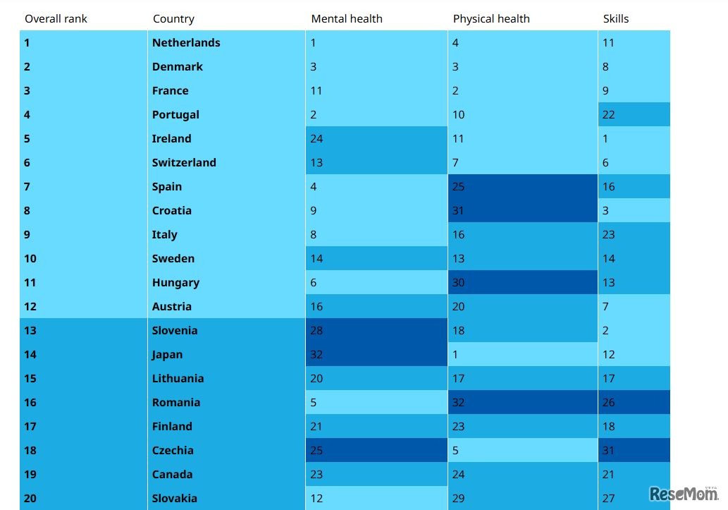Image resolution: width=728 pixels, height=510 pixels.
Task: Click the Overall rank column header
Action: coord(56,19)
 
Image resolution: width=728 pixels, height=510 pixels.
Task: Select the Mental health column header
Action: coord(346,19)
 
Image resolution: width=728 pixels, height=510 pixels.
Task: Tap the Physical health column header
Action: coord(491,19)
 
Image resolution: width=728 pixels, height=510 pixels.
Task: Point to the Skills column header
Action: coord(615,19)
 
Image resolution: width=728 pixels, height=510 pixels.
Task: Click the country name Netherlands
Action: coord(186,43)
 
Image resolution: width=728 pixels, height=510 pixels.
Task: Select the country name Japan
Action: coord(167,355)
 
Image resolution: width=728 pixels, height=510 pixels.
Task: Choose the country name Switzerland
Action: coord(184,163)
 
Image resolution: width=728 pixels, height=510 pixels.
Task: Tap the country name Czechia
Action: coord(173,451)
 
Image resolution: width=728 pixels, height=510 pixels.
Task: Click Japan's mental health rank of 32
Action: coord(316,355)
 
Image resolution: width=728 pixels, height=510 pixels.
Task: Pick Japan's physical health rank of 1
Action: coord(456,355)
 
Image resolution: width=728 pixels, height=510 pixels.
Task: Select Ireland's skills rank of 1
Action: coord(605,139)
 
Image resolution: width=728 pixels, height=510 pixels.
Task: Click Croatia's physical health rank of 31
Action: coord(459,211)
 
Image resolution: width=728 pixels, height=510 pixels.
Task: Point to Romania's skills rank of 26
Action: coord(609,403)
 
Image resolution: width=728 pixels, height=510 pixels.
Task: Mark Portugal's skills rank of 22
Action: coord(609,115)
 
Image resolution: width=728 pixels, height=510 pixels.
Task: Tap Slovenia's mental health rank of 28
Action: coord(316,331)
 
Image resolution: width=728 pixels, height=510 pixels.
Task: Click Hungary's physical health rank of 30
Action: coord(459,283)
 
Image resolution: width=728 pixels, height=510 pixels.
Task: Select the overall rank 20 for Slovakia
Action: coord(30,499)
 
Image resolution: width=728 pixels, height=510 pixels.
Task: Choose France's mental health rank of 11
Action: coord(316,91)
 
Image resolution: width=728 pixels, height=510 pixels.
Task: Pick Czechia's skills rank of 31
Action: coord(609,451)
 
